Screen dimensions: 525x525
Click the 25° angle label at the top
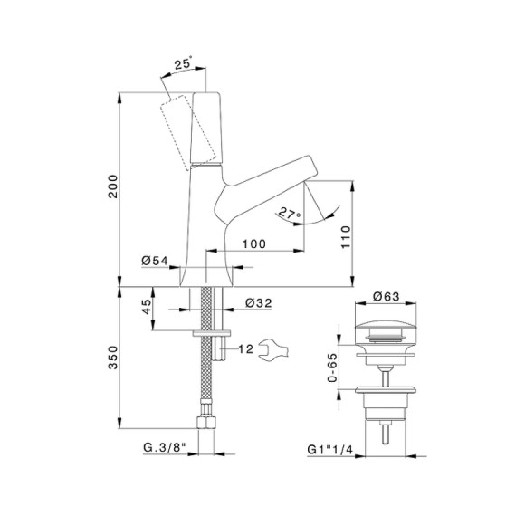pyautogui.click(x=184, y=63)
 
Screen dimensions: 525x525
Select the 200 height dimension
pyautogui.click(x=113, y=186)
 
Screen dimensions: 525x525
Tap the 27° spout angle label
pyautogui.click(x=290, y=214)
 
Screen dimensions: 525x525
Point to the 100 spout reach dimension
pyautogui.click(x=254, y=243)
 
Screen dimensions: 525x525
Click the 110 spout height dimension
pyautogui.click(x=346, y=237)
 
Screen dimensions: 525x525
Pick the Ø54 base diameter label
pyautogui.click(x=155, y=261)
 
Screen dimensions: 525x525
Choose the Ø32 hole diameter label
pyautogui.click(x=259, y=303)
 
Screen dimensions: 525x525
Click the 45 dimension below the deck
pyautogui.click(x=147, y=307)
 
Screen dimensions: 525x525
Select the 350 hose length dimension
pyautogui.click(x=113, y=358)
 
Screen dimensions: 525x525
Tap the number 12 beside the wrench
pyautogui.click(x=246, y=349)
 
